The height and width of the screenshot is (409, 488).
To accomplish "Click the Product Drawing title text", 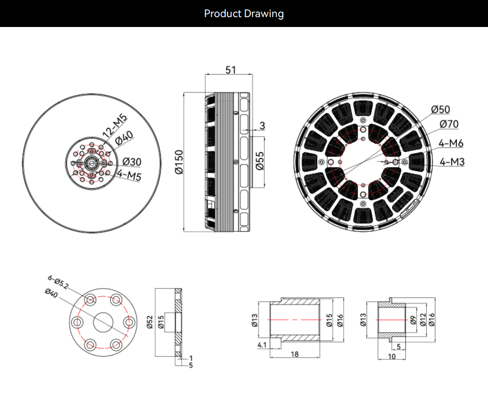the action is [x=243, y=13].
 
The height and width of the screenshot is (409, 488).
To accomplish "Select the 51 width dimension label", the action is [x=231, y=70].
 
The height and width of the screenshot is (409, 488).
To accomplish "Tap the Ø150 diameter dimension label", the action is [x=179, y=162].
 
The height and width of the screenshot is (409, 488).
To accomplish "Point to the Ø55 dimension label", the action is [x=260, y=161].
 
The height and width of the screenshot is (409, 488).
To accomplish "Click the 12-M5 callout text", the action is [x=115, y=126].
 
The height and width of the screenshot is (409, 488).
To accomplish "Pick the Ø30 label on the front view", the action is [x=132, y=162].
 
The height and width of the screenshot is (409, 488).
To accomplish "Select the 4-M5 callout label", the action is [x=129, y=175].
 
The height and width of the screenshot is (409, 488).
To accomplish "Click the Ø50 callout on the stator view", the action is [x=440, y=110].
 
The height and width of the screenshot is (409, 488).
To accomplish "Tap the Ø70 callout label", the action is [x=449, y=124].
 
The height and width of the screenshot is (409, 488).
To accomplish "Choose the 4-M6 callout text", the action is [x=451, y=143].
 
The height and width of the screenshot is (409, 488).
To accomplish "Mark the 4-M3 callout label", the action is [x=452, y=162].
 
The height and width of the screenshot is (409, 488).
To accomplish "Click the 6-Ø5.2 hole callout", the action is [x=58, y=282].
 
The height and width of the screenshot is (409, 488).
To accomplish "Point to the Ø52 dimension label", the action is [x=150, y=322].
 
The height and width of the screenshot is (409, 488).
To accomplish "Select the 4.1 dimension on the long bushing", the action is [x=262, y=345].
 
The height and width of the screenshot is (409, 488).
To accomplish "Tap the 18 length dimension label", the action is [x=294, y=354].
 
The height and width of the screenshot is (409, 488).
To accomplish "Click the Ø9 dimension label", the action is [x=413, y=320].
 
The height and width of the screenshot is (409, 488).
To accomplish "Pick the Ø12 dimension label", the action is [x=423, y=320].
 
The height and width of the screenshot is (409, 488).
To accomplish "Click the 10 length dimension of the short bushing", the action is [x=391, y=357].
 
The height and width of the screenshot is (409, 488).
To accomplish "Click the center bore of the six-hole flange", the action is [x=103, y=322].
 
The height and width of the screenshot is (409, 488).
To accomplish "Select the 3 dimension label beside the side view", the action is [x=262, y=126].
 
